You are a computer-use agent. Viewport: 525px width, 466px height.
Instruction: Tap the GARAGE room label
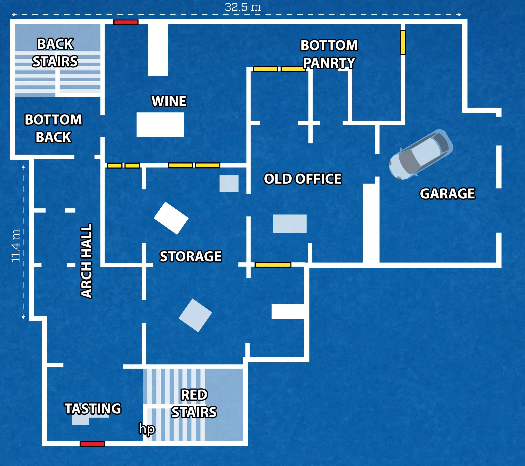(x=447, y=194)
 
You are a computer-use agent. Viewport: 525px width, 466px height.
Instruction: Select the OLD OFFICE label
(x=303, y=179)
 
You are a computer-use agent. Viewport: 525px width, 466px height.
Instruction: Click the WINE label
(x=169, y=101)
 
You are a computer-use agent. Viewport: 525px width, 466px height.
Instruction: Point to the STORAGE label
(x=190, y=256)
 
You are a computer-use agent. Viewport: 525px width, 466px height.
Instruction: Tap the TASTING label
(x=92, y=409)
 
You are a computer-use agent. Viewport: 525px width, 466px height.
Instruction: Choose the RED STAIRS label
(x=194, y=403)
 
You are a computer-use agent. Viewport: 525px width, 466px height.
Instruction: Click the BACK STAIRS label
(x=55, y=53)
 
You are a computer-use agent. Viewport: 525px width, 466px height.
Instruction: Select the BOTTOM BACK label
(x=54, y=128)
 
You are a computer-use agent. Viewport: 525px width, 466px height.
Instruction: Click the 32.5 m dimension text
(x=243, y=7)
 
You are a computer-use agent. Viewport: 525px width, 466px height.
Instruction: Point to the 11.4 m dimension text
(x=16, y=246)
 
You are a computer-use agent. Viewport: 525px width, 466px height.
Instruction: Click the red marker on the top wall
(x=126, y=22)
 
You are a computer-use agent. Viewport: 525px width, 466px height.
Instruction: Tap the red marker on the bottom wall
(x=92, y=444)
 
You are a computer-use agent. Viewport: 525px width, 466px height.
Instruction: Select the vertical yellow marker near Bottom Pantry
(x=403, y=42)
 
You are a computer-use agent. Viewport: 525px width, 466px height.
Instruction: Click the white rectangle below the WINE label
(x=160, y=125)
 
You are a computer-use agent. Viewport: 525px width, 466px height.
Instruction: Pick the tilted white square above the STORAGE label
(x=171, y=218)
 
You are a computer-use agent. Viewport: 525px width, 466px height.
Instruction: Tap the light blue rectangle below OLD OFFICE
(x=290, y=224)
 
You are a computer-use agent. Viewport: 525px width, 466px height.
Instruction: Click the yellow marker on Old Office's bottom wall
(x=273, y=265)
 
